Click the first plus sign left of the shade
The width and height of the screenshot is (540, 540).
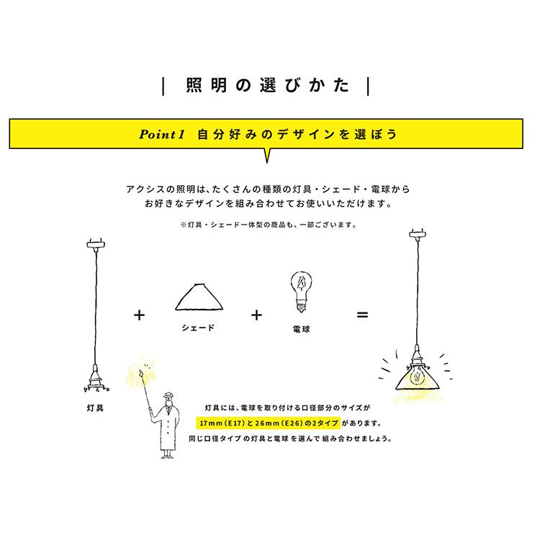coord(139,315)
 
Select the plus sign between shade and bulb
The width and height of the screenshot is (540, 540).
coord(256,315)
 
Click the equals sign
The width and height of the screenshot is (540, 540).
coord(363,315)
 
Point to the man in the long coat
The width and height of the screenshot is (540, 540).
coord(168,425)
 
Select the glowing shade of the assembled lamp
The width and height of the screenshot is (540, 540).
coord(416,378)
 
